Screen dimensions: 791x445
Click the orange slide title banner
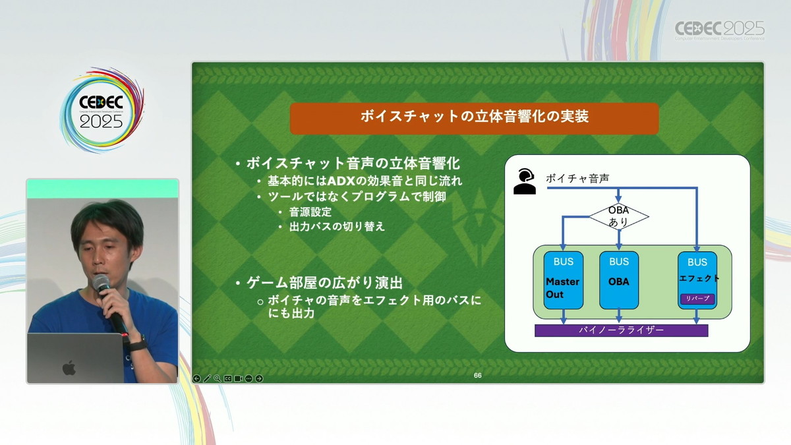pos(474,118)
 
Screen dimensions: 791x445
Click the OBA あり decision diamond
pos(619,216)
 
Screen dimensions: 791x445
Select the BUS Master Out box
pos(563,280)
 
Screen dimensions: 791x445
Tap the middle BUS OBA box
pos(619,280)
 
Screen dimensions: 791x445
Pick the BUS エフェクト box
pos(697,280)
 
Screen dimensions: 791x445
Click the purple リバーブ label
pos(697,299)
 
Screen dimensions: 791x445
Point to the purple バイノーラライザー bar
pos(621,330)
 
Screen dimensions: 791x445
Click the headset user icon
pos(525,181)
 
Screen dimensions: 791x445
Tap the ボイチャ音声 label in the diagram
pos(577,179)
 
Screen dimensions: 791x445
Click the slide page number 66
pos(477,375)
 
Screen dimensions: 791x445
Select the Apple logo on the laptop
pos(69,368)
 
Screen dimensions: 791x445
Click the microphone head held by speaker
pos(101,283)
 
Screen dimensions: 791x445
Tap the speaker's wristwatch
pos(137,343)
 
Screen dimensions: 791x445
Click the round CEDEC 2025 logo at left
pos(102,110)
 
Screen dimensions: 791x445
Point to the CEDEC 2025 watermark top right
pos(720,30)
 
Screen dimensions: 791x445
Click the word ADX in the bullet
pos(341,181)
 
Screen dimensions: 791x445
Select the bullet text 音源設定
pos(310,212)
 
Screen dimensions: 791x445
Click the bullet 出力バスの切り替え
pos(337,227)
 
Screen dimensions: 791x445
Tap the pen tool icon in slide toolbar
pos(207,378)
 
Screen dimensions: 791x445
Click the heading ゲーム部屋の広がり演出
pos(324,283)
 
